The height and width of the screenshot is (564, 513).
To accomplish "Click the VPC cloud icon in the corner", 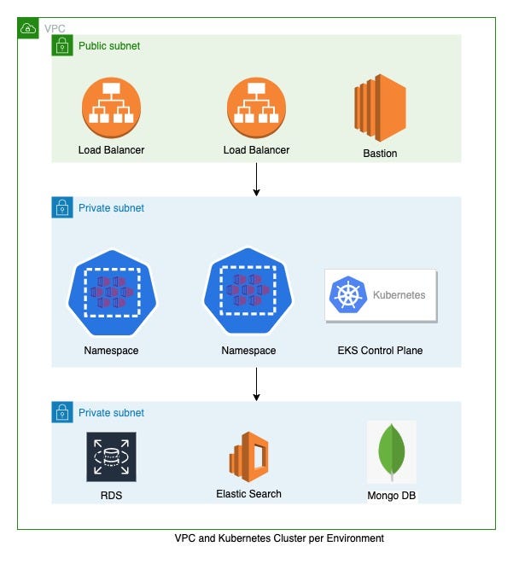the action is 28,28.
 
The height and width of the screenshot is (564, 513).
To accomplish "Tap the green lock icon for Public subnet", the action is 62,45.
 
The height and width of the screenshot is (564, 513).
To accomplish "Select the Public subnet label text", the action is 109,46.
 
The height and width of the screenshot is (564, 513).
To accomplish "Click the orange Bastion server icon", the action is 380,108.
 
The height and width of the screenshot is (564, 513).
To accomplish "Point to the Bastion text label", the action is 380,154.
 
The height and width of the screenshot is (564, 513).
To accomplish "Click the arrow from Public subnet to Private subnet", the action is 256,179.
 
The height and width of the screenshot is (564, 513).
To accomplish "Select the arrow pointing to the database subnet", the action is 256,384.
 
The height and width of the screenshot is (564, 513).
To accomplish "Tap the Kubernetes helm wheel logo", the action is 348,295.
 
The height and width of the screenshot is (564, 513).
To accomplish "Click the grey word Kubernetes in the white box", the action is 399,295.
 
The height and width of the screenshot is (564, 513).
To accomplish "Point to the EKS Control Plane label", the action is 380,351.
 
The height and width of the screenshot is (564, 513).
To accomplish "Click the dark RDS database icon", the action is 111,456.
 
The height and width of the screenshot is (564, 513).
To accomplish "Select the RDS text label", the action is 111,496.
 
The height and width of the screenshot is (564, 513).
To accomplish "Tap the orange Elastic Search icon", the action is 248,456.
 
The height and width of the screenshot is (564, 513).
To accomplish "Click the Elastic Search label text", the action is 248,494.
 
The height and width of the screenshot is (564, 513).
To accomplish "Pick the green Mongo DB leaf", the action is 392,451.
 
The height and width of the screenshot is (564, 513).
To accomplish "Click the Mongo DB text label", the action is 392,496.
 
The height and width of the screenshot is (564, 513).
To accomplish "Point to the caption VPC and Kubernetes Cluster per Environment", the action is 279,538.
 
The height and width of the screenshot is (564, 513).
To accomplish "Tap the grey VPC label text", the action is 55,28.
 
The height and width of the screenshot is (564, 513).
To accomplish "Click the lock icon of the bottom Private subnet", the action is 62,412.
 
